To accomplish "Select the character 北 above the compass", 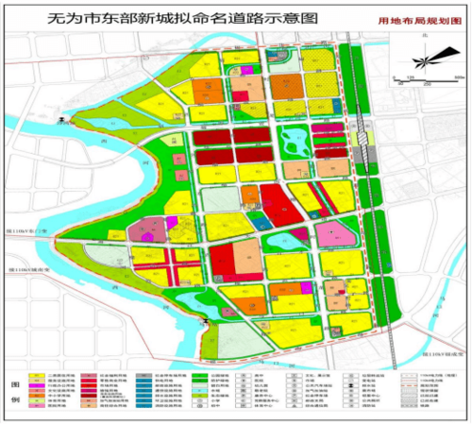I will click(424, 34).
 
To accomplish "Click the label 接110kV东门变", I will click(25, 229).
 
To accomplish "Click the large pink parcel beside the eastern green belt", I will click(333, 233).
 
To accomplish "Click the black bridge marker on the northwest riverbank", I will click(63, 120).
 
